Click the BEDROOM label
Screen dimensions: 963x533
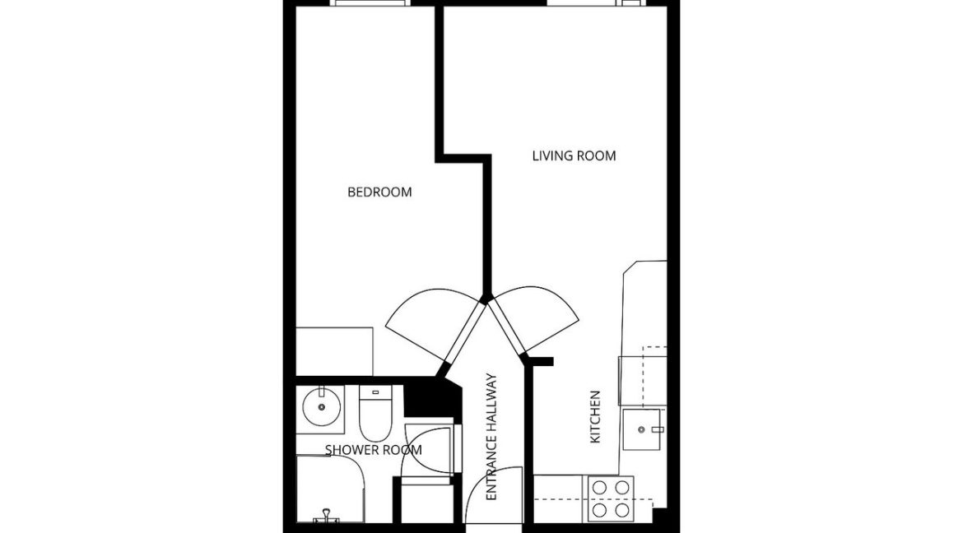[379, 192]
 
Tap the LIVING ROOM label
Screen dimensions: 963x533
[574, 156]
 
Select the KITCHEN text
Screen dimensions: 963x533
[594, 417]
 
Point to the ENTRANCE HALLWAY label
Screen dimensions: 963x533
[491, 437]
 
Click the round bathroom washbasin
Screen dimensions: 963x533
[321, 406]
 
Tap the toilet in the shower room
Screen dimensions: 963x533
[374, 410]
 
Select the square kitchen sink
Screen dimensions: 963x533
[641, 429]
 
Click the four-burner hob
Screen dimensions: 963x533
[611, 498]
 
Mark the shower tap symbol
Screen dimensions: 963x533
[327, 517]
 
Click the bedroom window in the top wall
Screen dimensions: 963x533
[369, 3]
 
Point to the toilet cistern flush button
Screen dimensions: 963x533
[374, 392]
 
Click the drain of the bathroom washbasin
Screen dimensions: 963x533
[321, 406]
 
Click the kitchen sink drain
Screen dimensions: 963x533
[641, 430]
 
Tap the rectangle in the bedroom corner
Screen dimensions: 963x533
[335, 351]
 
